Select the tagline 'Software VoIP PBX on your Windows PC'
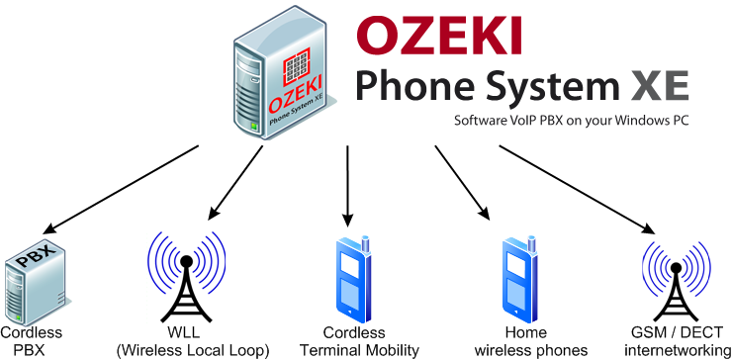click(571, 122)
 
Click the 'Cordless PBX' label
click(31, 341)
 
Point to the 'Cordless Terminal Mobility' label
click(359, 341)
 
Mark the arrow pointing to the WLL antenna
click(234, 182)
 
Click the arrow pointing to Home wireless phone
click(461, 182)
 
